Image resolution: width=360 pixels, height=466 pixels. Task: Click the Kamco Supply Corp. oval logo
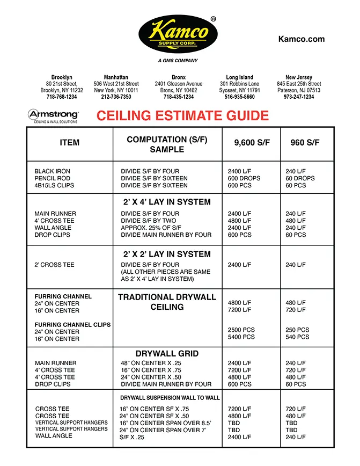point(178,35)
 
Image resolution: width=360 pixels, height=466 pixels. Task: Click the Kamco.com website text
point(302,39)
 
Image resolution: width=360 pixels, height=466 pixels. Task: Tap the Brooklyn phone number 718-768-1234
point(62,97)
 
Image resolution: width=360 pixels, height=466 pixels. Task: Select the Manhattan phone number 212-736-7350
point(116,97)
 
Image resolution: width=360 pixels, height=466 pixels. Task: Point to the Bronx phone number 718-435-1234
point(179,97)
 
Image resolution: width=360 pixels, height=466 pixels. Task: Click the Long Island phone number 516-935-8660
point(240,97)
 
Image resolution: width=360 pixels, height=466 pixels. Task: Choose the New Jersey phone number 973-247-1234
point(299,97)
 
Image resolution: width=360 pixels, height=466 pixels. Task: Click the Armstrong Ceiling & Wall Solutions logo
point(53,116)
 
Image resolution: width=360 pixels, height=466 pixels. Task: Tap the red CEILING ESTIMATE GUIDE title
point(182,115)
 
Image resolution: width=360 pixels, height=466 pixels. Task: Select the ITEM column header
point(70,143)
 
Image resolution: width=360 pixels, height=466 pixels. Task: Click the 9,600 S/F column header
point(252,143)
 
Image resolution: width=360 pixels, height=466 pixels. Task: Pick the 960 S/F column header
point(305,143)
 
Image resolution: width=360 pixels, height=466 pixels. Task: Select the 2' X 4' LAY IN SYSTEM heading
point(167,202)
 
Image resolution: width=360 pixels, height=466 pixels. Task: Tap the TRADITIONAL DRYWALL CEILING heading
point(167,302)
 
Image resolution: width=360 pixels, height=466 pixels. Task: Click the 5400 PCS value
point(241,337)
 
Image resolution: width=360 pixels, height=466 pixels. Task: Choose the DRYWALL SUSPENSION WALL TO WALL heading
point(170,398)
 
